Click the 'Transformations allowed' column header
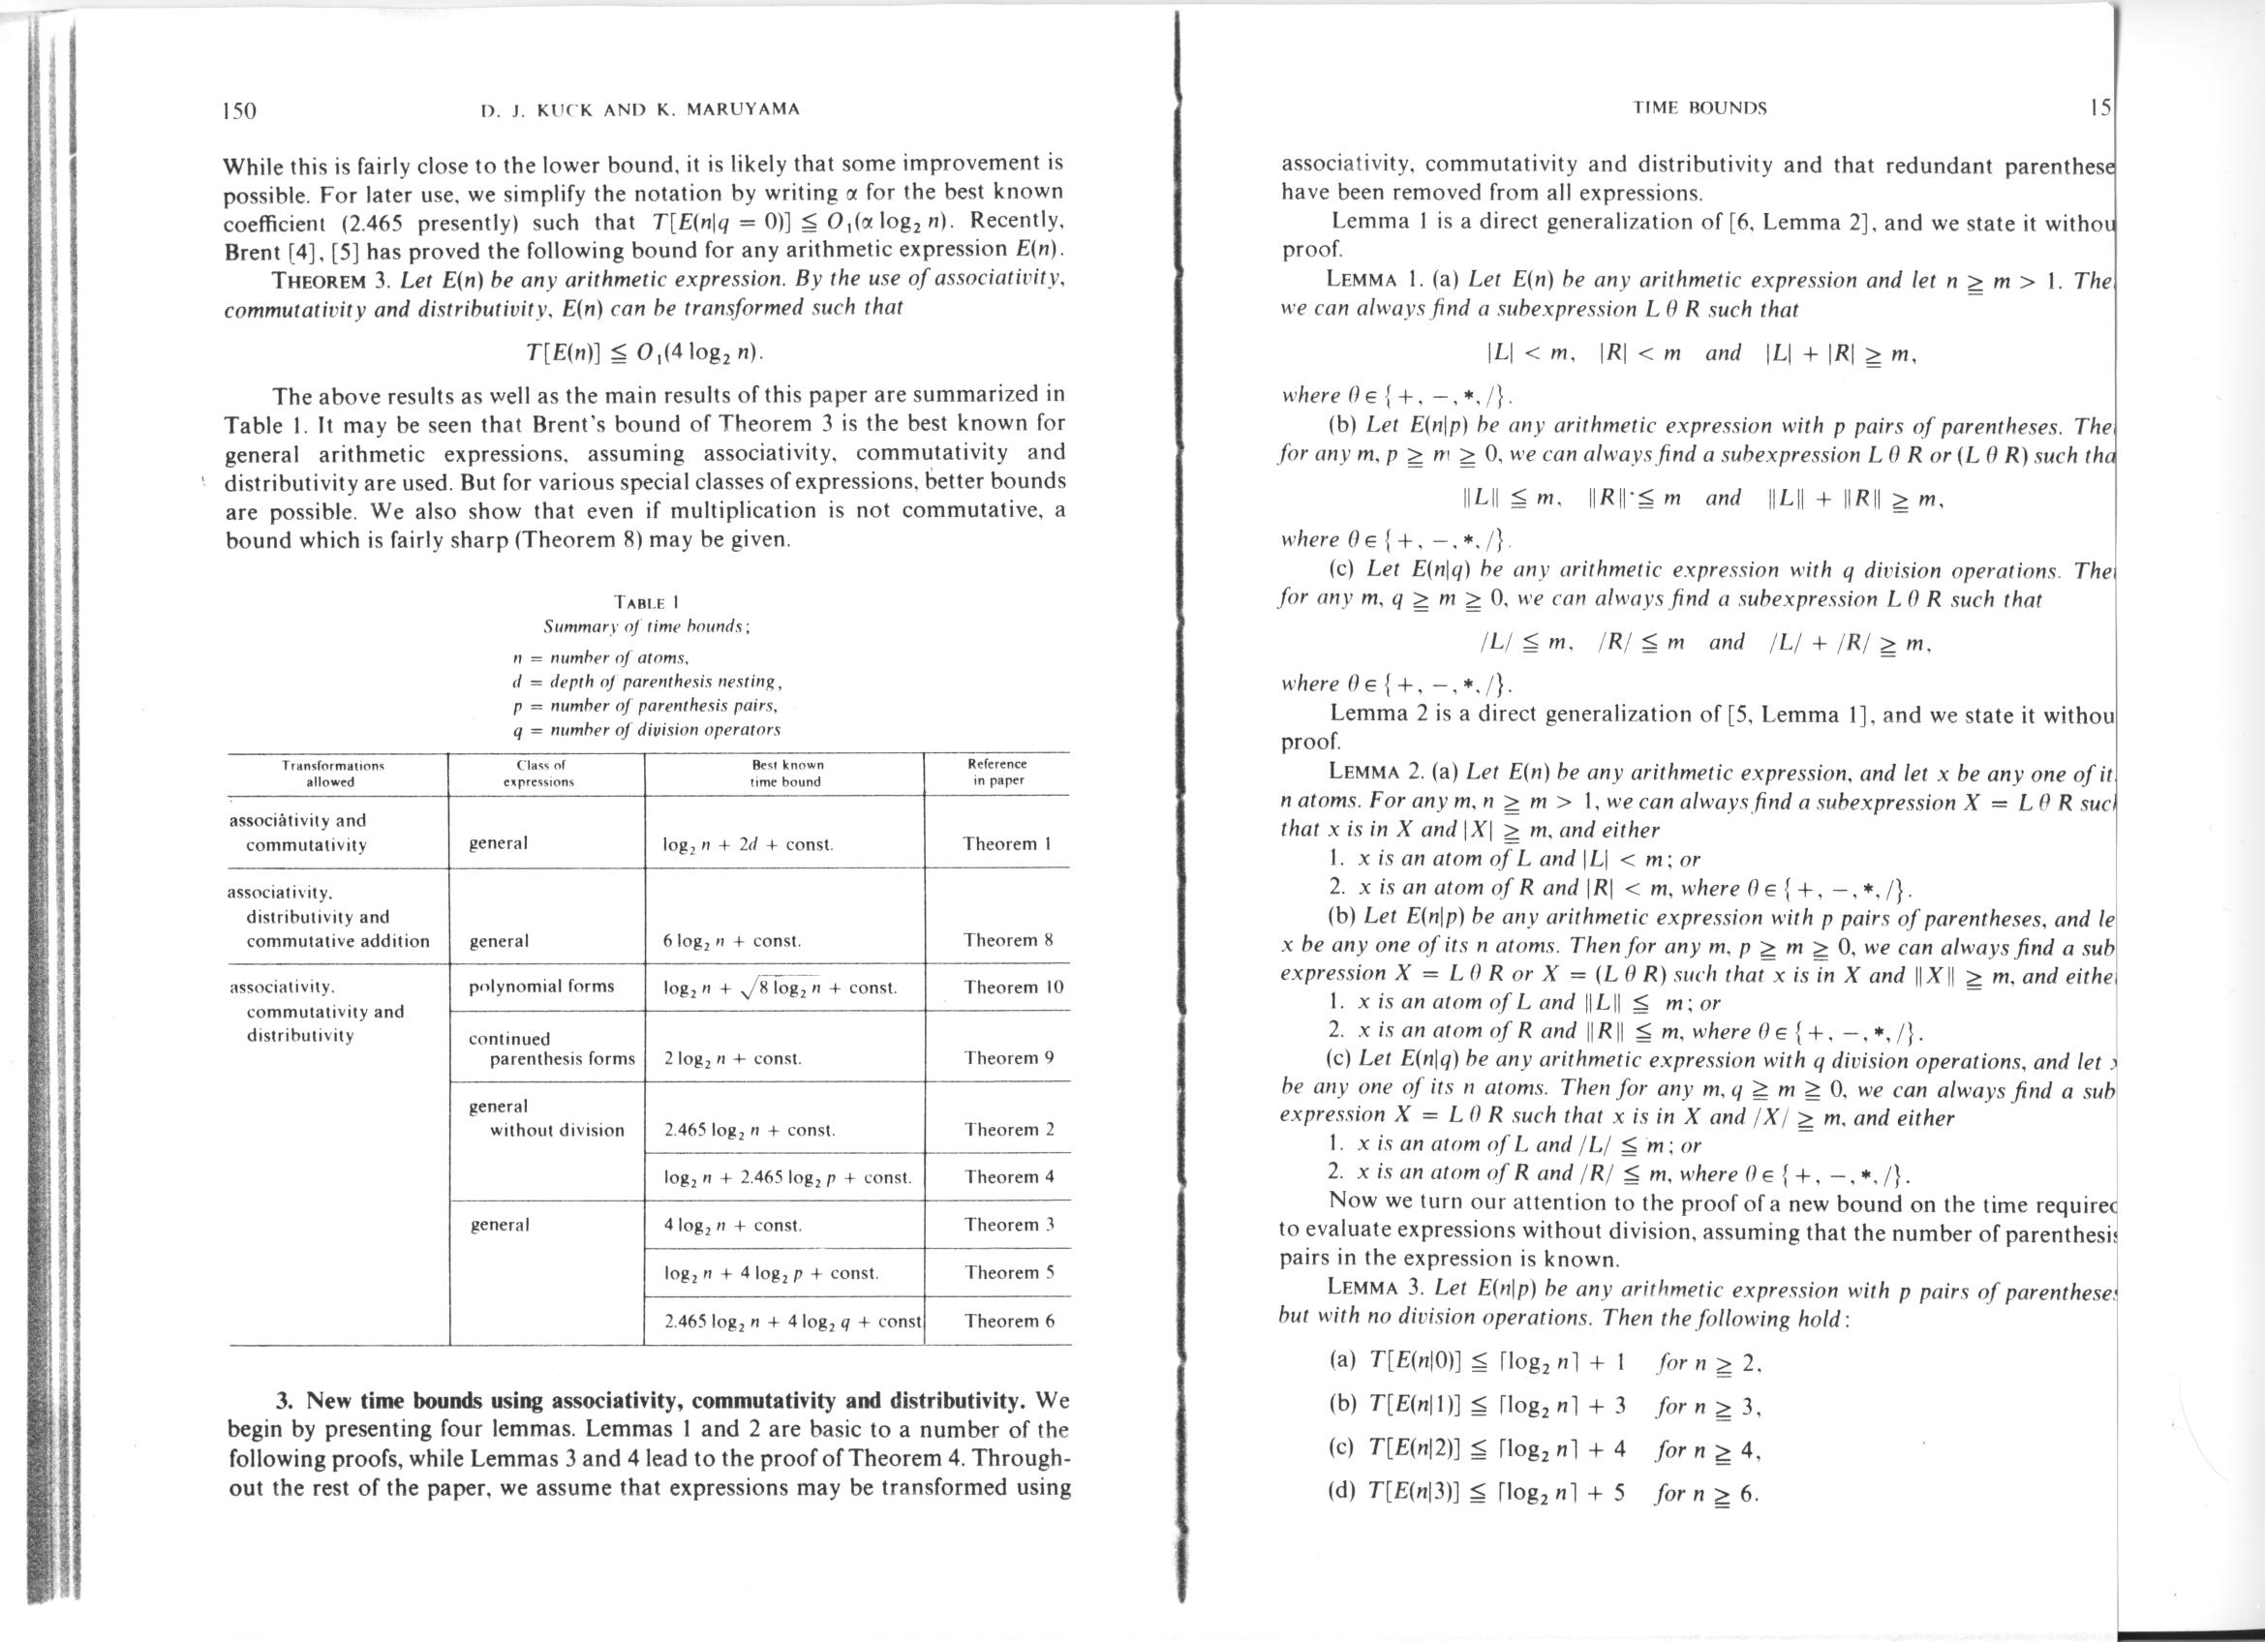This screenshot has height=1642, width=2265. coord(332,774)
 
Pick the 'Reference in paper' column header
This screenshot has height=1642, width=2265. coord(996,772)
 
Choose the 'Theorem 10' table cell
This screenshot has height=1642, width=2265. coord(1014,988)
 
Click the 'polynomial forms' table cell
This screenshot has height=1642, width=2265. coord(541,987)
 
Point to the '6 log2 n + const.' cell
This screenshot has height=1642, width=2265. coord(732,941)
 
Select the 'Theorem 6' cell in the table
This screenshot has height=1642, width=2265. coord(1009,1321)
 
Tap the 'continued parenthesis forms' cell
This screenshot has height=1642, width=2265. coord(551,1049)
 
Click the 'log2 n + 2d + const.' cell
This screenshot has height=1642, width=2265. coord(748,844)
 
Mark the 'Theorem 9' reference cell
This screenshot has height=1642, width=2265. coord(1009,1058)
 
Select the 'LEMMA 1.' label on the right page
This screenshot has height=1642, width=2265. coord(1374,281)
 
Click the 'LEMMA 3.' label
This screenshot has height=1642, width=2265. coord(1374,1290)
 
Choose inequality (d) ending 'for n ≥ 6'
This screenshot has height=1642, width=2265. coord(1543,1493)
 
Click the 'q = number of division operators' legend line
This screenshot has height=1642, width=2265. coord(645,730)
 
